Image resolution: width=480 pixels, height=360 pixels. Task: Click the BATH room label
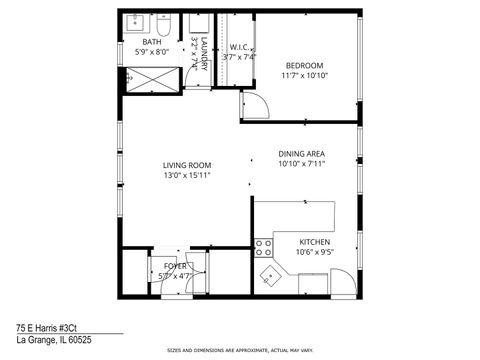tap(151, 43)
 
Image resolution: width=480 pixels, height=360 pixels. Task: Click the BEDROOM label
tap(305, 63)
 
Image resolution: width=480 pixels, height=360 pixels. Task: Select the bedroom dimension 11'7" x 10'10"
tap(305, 74)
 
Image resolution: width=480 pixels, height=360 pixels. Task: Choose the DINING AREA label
tap(302, 153)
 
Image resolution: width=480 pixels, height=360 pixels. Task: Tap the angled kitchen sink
tap(268, 275)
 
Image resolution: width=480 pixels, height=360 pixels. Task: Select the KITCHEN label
tap(316, 242)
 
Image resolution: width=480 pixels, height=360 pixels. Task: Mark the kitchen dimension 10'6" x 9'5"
tap(316, 253)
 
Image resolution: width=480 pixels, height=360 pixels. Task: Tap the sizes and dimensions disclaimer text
tap(239, 351)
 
